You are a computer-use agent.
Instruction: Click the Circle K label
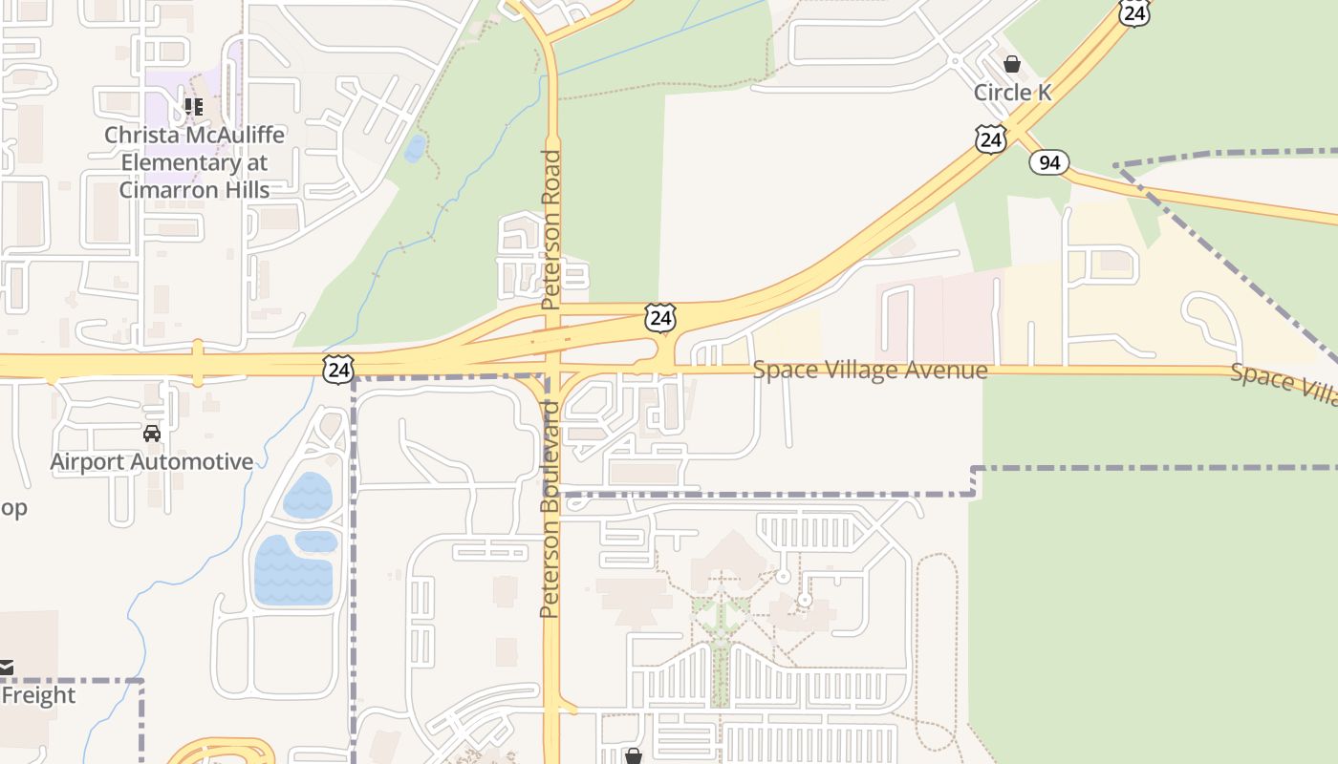1012,93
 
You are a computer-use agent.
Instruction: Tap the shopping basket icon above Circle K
1012,65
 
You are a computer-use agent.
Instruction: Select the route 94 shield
1048,162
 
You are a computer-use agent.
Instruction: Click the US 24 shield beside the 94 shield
991,139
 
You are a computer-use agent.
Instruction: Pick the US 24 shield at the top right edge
1133,11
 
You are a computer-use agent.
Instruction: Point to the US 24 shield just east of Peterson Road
660,317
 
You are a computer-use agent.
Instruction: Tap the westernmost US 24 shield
338,368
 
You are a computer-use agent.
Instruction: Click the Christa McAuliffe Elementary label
194,162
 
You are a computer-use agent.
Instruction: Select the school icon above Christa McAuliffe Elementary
194,107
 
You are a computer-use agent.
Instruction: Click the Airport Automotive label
152,462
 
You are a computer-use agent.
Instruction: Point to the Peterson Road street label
550,229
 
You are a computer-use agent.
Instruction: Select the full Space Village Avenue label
870,370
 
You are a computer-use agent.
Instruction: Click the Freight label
38,695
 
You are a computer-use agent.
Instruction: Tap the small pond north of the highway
415,148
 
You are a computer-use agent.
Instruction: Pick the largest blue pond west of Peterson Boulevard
292,571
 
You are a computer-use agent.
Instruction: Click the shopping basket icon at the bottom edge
633,756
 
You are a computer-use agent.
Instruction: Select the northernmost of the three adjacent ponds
308,495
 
